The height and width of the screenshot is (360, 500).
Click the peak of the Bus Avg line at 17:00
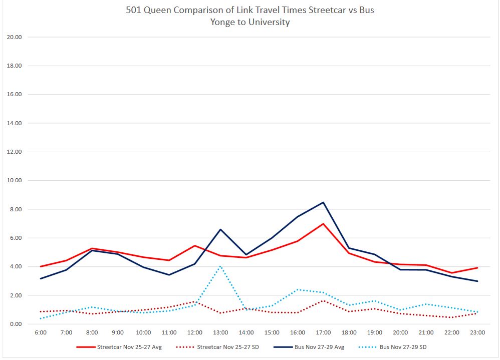point(323,202)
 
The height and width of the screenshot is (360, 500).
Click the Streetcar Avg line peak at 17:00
point(323,224)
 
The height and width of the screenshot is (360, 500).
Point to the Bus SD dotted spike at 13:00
point(220,266)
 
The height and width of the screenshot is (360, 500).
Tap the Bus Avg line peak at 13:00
point(220,229)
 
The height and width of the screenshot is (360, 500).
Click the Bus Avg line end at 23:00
point(477,281)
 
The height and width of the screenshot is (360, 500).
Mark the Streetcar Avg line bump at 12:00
point(195,245)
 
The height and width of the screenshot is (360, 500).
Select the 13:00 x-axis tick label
point(220,332)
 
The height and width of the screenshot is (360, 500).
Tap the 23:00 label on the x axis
point(477,332)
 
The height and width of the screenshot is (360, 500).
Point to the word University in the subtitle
point(271,22)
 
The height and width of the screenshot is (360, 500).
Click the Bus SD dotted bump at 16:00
point(298,289)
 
